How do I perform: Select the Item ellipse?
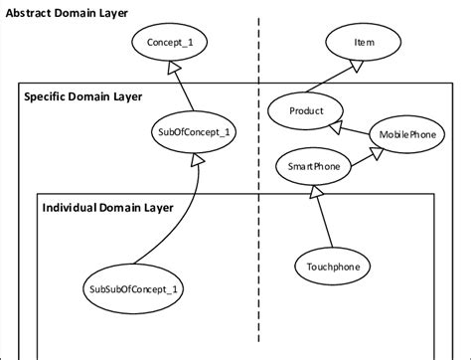coord(364,44)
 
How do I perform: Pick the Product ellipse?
coord(304,111)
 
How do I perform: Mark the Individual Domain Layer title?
coord(107,207)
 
